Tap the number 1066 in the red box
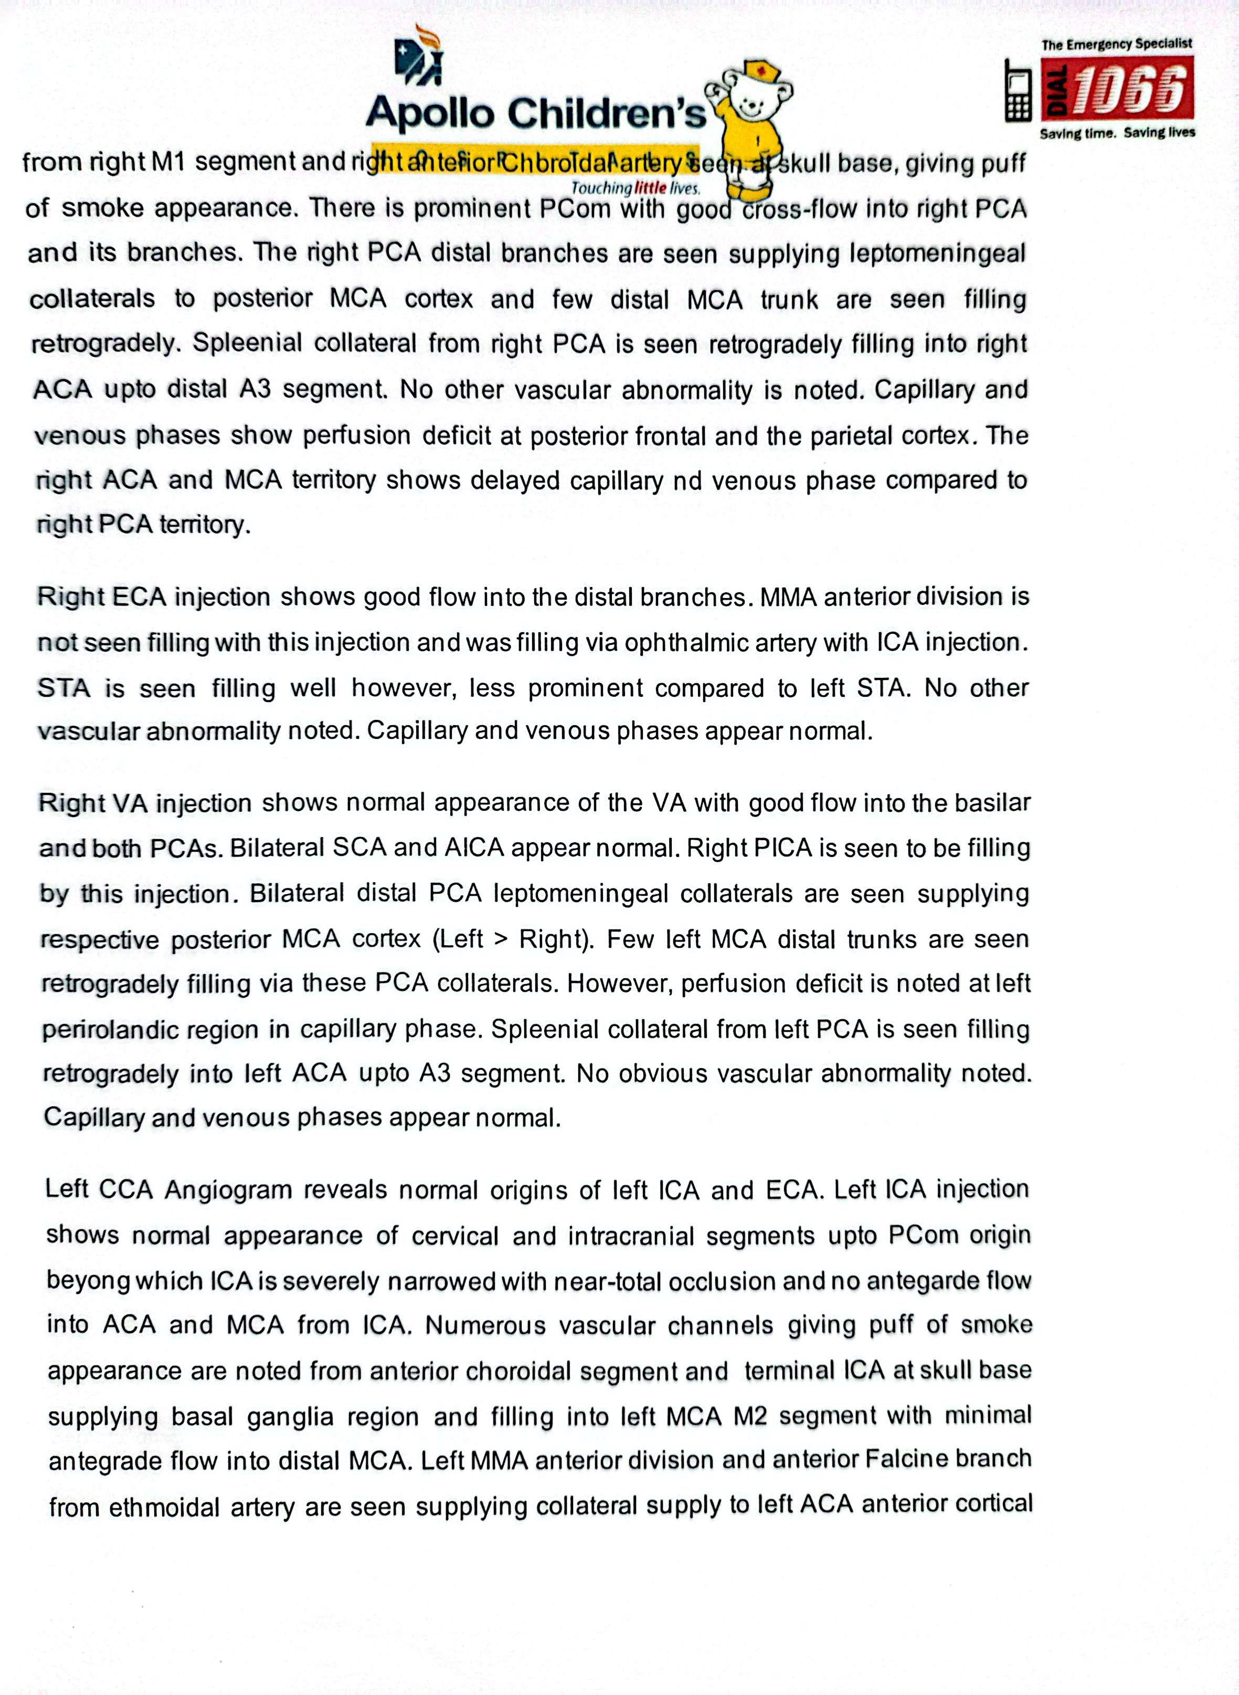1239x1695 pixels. click(1129, 89)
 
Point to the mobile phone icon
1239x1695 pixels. click(1018, 90)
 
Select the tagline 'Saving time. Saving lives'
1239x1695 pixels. click(1117, 133)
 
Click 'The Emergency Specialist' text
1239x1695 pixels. click(1116, 44)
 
